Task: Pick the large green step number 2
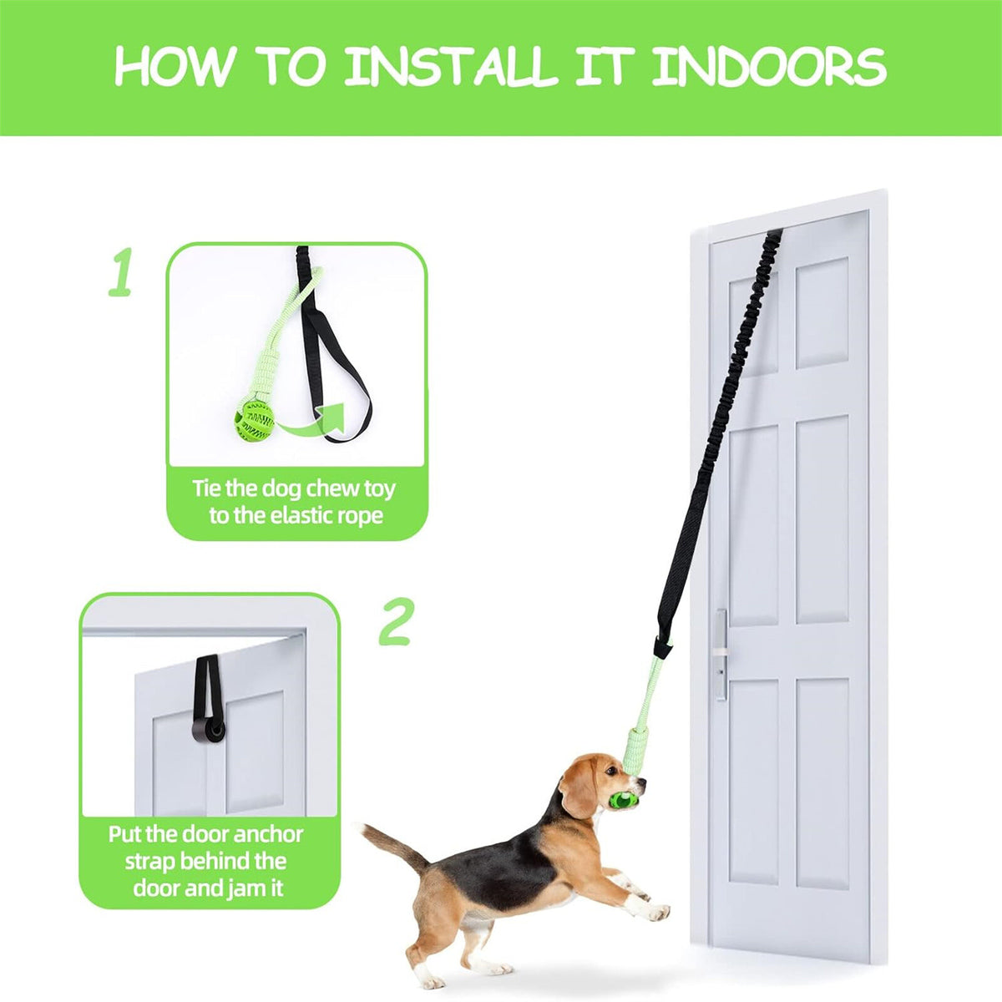pos(396,621)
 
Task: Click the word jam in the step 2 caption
pos(240,888)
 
